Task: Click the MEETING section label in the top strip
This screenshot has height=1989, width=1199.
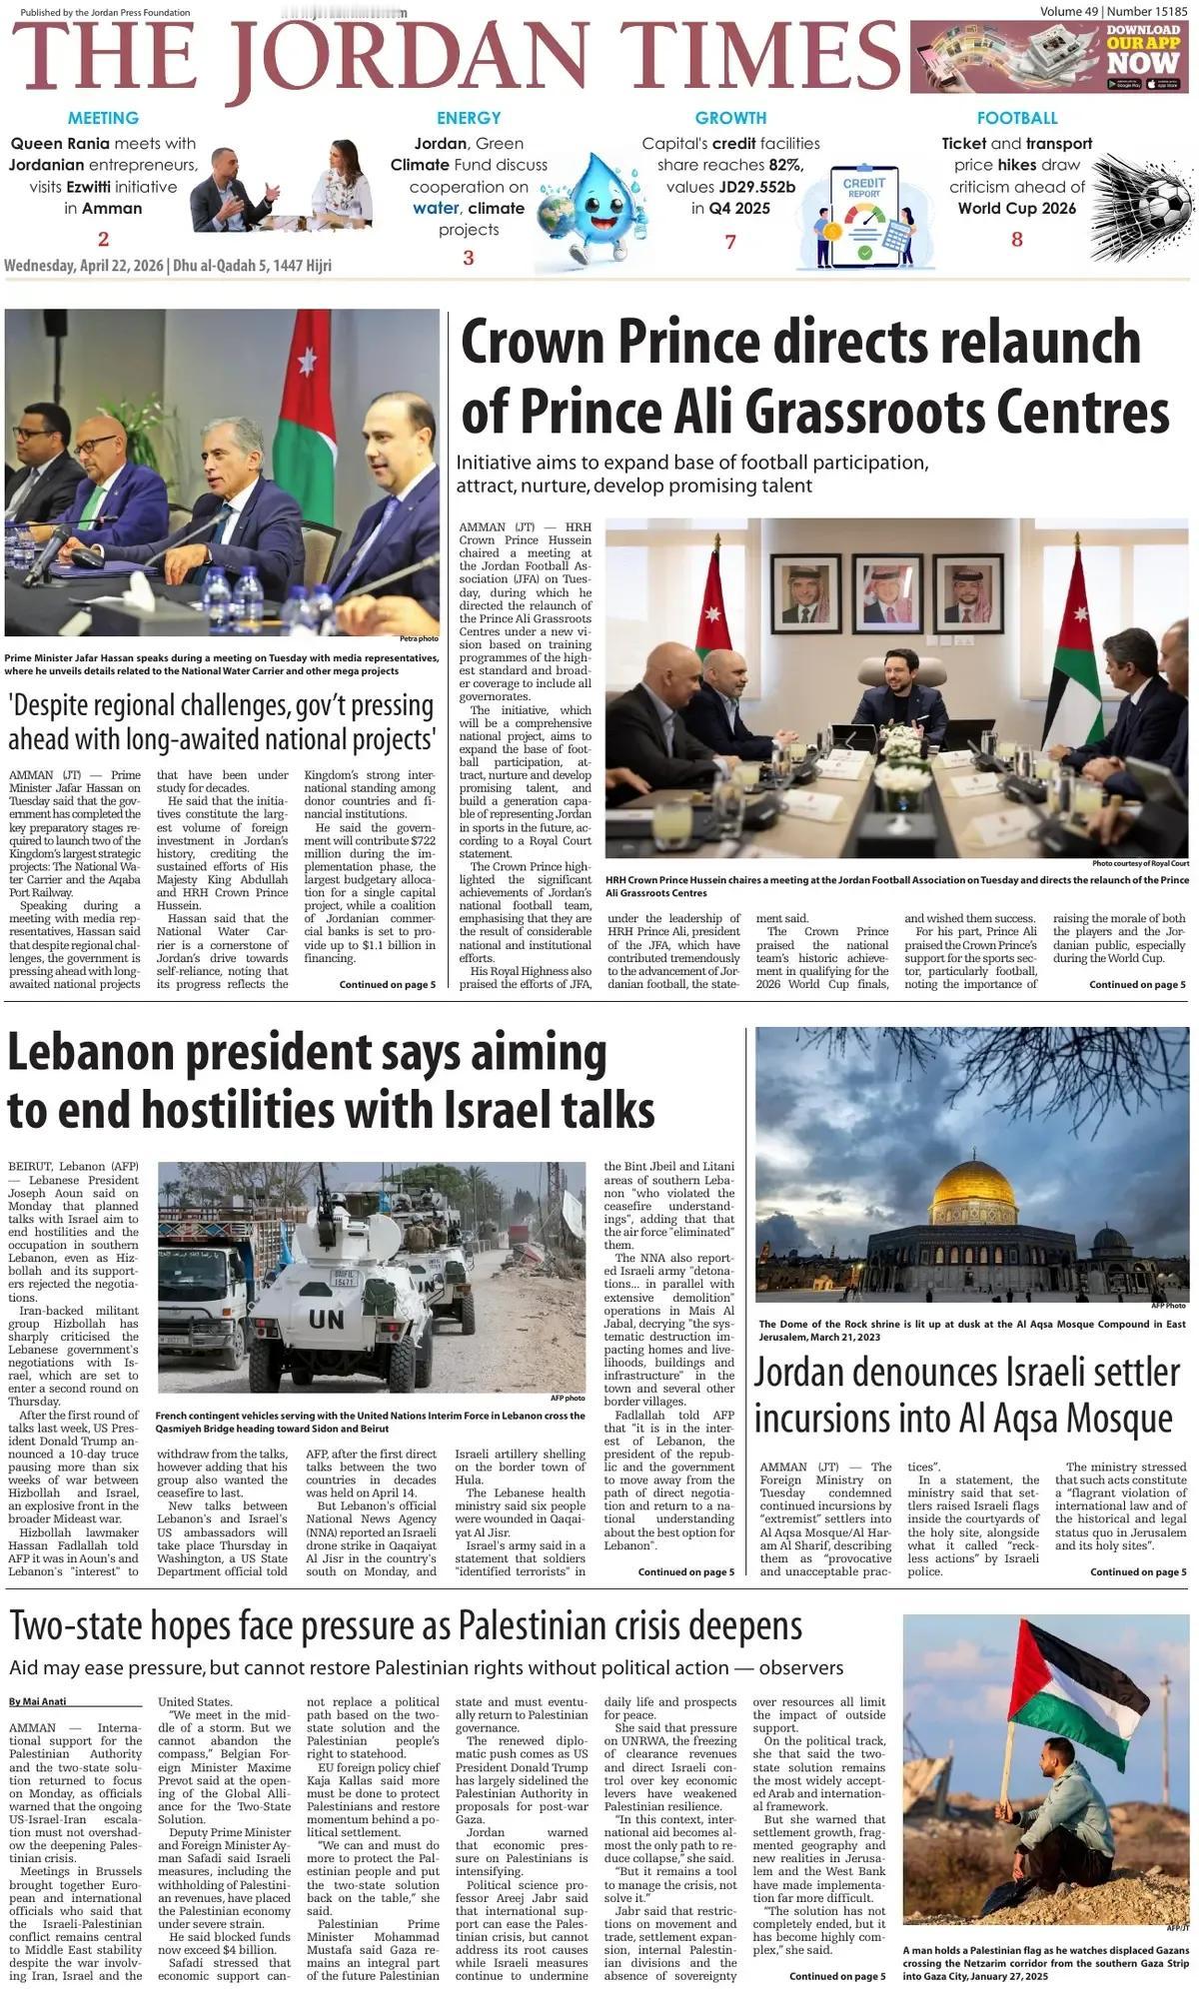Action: pyautogui.click(x=103, y=118)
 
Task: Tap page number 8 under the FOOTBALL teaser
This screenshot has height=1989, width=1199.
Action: pyautogui.click(x=1017, y=240)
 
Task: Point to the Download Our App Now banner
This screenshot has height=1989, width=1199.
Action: pyautogui.click(x=1052, y=58)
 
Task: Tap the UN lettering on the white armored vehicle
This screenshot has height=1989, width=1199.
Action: pyautogui.click(x=327, y=1319)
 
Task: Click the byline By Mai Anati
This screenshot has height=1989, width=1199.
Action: pyautogui.click(x=39, y=1701)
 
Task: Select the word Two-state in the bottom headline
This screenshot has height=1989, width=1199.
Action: pyautogui.click(x=91, y=1626)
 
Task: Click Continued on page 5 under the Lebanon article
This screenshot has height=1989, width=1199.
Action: pyautogui.click(x=685, y=1572)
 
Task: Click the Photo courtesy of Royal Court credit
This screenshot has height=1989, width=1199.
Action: pyautogui.click(x=1140, y=863)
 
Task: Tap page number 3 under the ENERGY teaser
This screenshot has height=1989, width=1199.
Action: pyautogui.click(x=468, y=258)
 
